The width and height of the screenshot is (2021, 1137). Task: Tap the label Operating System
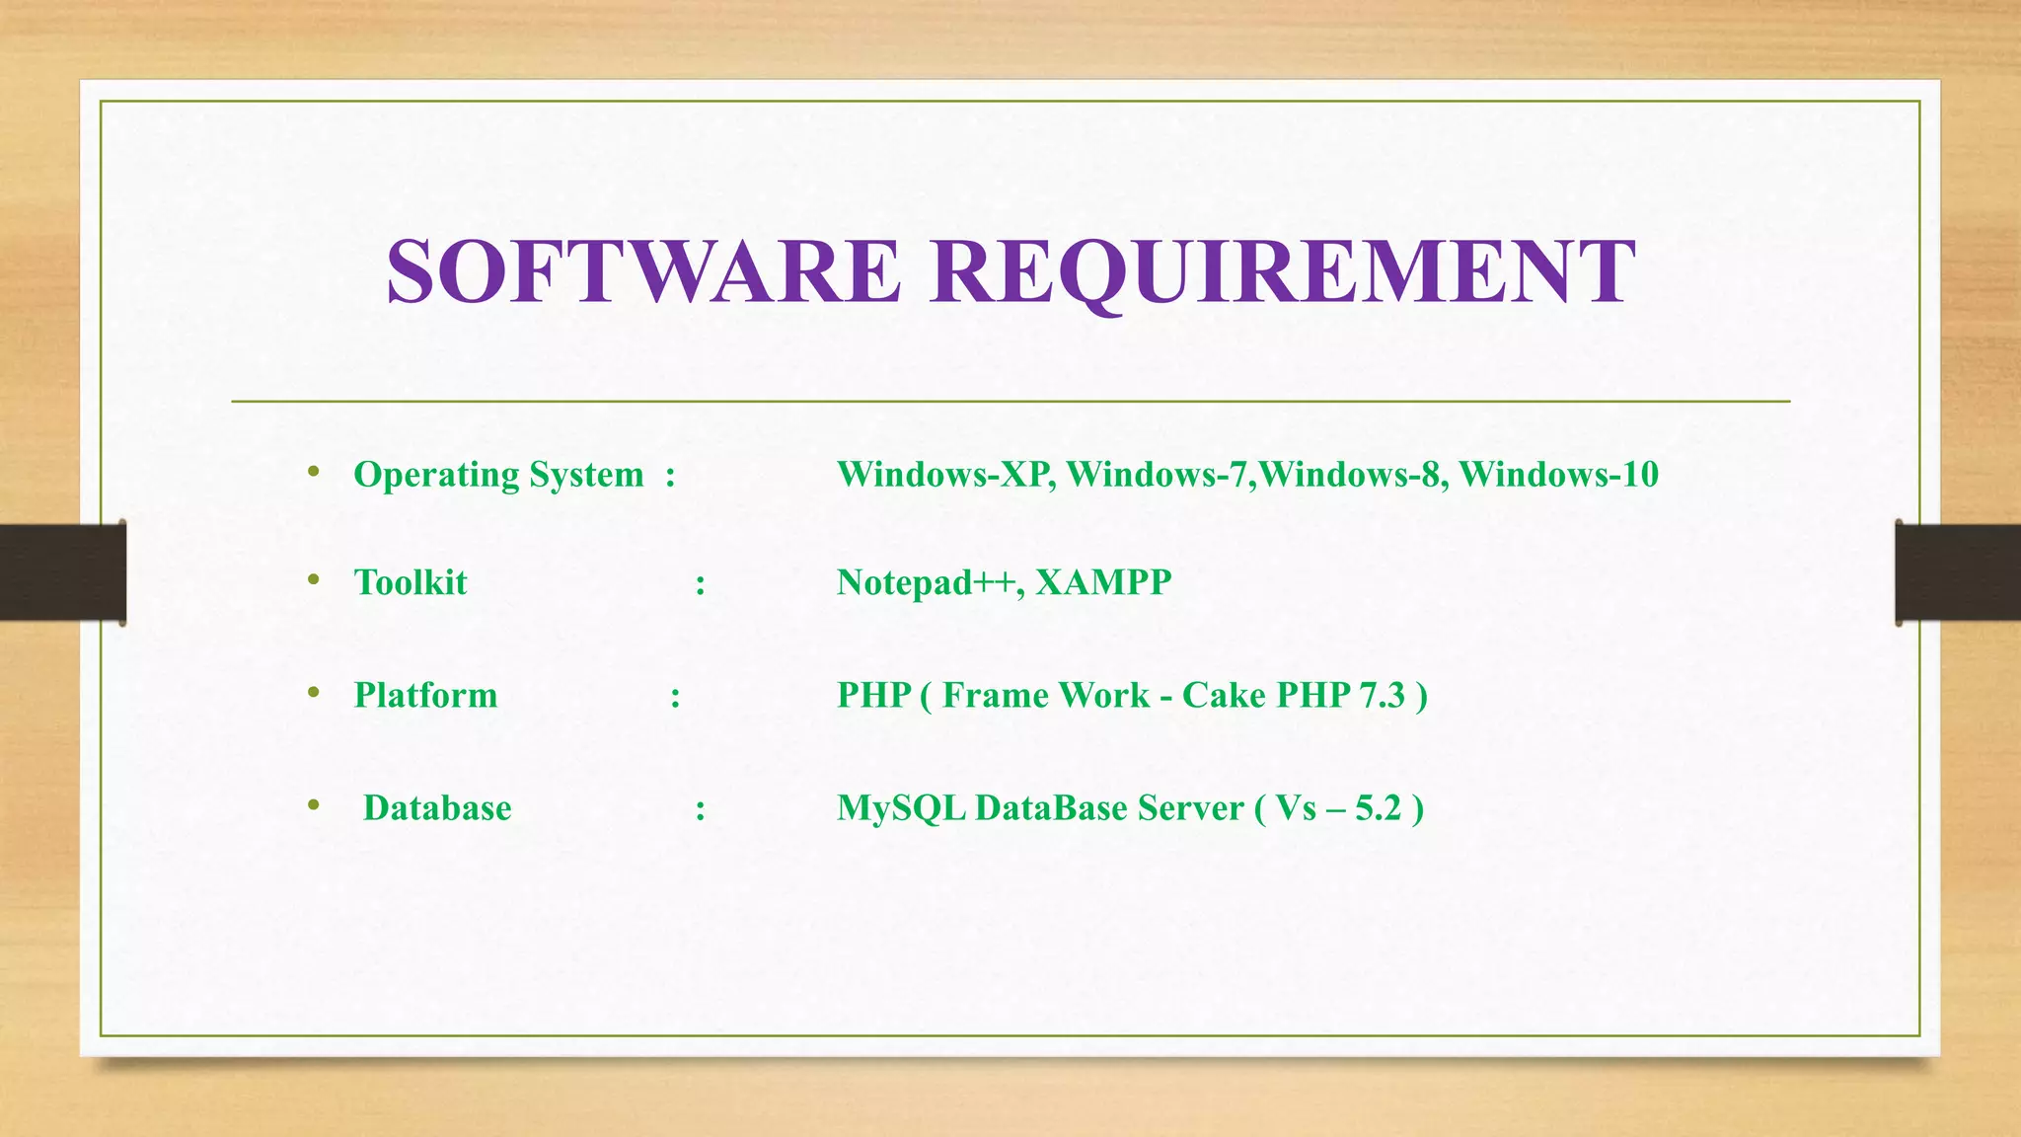[498, 475]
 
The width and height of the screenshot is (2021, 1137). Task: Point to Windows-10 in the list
[1558, 475]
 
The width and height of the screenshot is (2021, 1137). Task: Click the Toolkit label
[411, 582]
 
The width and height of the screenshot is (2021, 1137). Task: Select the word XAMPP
[1103, 582]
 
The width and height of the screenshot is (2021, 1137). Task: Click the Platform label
[425, 695]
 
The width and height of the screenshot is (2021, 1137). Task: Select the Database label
[437, 808]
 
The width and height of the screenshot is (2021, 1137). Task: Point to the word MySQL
[901, 808]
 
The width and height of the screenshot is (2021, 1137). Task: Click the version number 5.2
[1378, 808]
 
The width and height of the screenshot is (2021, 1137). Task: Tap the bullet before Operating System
[314, 472]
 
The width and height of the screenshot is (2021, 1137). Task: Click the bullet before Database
[314, 805]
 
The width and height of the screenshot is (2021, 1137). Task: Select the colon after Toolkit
[700, 585]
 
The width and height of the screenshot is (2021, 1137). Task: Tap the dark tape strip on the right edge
[1958, 572]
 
